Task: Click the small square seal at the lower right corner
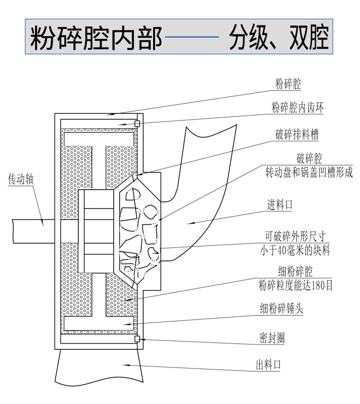(x=137, y=339)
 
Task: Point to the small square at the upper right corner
(x=137, y=123)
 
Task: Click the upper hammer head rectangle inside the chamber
(x=99, y=138)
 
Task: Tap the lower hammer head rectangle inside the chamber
(x=99, y=323)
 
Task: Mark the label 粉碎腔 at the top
(x=288, y=85)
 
